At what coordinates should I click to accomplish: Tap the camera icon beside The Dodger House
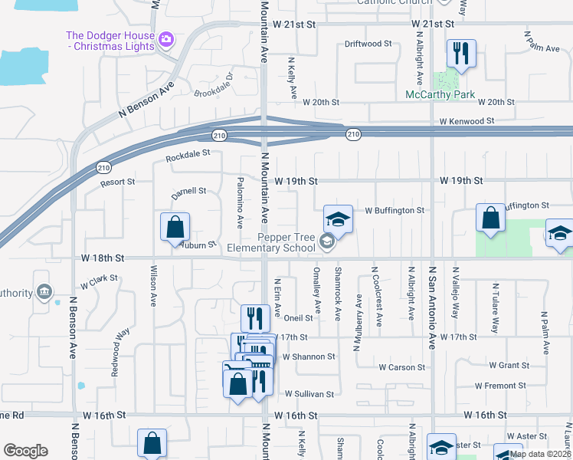(165, 37)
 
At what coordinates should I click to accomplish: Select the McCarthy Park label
(440, 95)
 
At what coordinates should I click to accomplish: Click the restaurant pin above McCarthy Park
(461, 54)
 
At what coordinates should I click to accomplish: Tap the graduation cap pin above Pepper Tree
(338, 219)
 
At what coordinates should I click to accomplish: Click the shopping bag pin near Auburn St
(175, 227)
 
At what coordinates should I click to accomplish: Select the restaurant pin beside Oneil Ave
(255, 318)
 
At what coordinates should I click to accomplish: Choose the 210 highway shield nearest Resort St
(103, 167)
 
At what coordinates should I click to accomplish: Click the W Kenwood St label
(467, 121)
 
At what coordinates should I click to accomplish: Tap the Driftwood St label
(368, 44)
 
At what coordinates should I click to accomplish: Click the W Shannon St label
(308, 356)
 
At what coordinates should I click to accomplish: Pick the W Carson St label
(407, 367)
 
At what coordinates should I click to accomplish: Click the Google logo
(25, 451)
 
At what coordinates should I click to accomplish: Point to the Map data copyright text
(540, 454)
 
